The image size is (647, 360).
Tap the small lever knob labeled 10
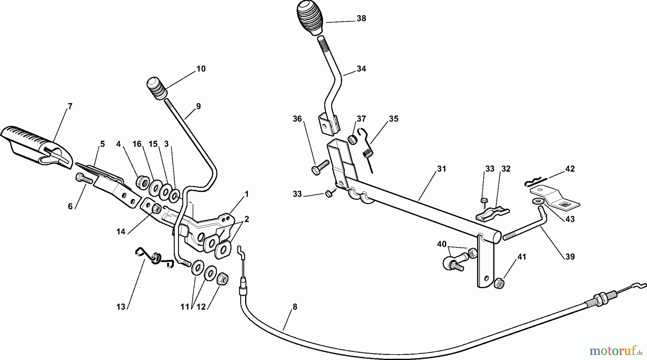point(157,88)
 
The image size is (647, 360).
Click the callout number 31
point(441,169)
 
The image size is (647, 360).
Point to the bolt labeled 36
point(320,167)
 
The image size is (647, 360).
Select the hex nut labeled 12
point(222,278)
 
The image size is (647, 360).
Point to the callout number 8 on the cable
point(295,307)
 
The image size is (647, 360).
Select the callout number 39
point(570,257)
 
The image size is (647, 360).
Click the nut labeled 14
point(156,208)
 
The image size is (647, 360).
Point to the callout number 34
point(361,69)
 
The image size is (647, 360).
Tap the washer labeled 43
point(538,200)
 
